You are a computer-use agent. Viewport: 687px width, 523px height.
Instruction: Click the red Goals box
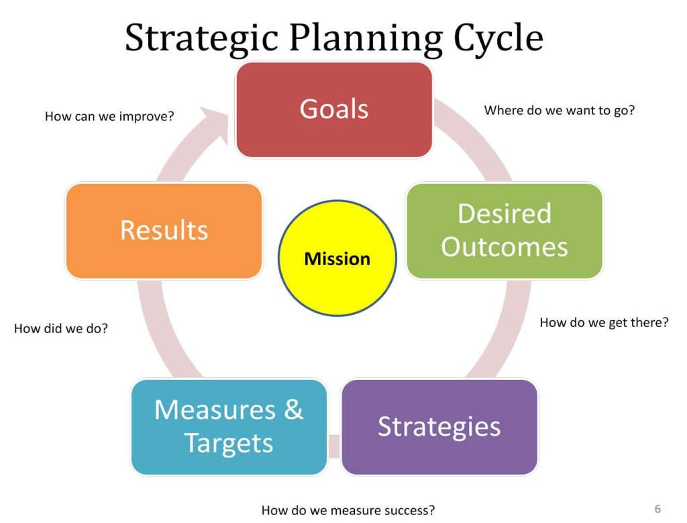click(x=333, y=109)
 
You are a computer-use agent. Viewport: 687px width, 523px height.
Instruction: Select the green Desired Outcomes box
click(x=505, y=230)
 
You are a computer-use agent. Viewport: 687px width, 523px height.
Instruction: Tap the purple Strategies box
click(x=439, y=427)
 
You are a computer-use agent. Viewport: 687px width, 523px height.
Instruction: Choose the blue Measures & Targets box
click(x=229, y=427)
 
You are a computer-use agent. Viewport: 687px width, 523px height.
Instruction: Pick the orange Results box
click(x=164, y=230)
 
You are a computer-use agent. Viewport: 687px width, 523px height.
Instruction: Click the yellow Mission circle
click(x=337, y=258)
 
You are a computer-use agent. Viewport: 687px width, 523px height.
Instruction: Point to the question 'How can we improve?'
click(x=109, y=116)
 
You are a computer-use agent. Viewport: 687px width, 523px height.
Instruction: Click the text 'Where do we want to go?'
click(x=560, y=110)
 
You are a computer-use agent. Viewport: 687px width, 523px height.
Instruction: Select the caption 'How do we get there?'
click(x=604, y=322)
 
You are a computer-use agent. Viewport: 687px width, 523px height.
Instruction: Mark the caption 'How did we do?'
click(x=61, y=329)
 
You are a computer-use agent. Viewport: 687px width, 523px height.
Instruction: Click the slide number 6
click(x=657, y=508)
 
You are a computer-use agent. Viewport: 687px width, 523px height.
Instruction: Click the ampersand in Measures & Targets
click(x=293, y=410)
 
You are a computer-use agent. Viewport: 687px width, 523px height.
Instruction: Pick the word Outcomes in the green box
click(x=505, y=247)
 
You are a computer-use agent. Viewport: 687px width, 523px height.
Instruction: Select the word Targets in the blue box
click(x=229, y=444)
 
